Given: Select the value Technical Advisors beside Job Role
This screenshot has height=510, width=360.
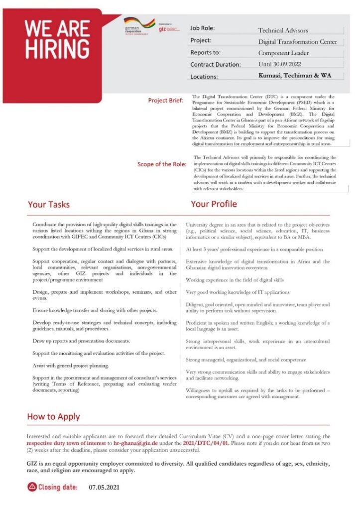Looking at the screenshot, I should pyautogui.click(x=283, y=30).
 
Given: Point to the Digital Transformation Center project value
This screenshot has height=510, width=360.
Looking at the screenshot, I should pyautogui.click(x=297, y=42).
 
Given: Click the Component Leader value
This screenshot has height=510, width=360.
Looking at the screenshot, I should pyautogui.click(x=283, y=53).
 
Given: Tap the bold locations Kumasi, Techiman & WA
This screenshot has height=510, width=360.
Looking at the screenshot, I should pyautogui.click(x=294, y=76).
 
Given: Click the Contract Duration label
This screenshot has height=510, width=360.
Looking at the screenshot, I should pyautogui.click(x=215, y=65).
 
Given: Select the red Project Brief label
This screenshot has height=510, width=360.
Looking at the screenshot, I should pyautogui.click(x=166, y=100).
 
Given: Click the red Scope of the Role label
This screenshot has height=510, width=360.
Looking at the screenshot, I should pyautogui.click(x=162, y=164).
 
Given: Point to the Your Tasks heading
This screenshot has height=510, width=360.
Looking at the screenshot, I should pyautogui.click(x=49, y=204).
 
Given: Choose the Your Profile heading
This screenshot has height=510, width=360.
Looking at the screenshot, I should pyautogui.click(x=214, y=204).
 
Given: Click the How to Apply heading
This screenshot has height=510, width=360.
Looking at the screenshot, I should pyautogui.click(x=53, y=416).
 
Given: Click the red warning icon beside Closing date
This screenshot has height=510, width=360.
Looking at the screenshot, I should pyautogui.click(x=32, y=487).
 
